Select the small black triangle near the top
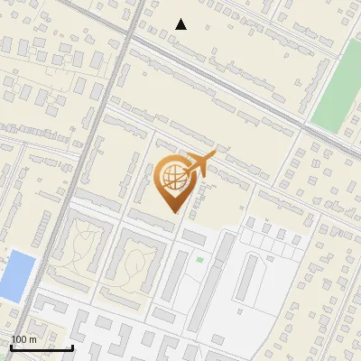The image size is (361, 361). (x=181, y=24)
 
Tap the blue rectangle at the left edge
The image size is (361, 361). (x=17, y=276)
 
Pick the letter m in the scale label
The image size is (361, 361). (x=32, y=339)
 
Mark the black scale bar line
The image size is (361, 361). (x=42, y=347)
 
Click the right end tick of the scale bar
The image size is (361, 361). (x=72, y=347)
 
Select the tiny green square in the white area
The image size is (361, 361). (x=199, y=260)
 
